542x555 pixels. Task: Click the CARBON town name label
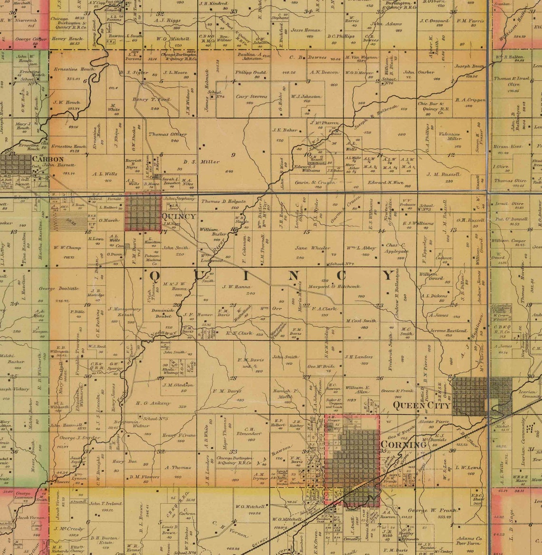(x=48, y=159)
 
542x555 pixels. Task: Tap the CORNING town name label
(x=403, y=444)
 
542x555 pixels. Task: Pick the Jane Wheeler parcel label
(x=312, y=248)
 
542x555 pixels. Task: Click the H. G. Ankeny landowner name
(x=153, y=403)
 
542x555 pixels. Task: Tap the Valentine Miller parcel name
(x=449, y=136)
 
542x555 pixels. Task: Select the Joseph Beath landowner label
(x=469, y=66)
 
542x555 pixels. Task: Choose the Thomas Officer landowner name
(x=168, y=134)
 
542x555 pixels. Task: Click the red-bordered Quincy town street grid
(x=143, y=211)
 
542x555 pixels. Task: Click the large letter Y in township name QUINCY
(x=389, y=275)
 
